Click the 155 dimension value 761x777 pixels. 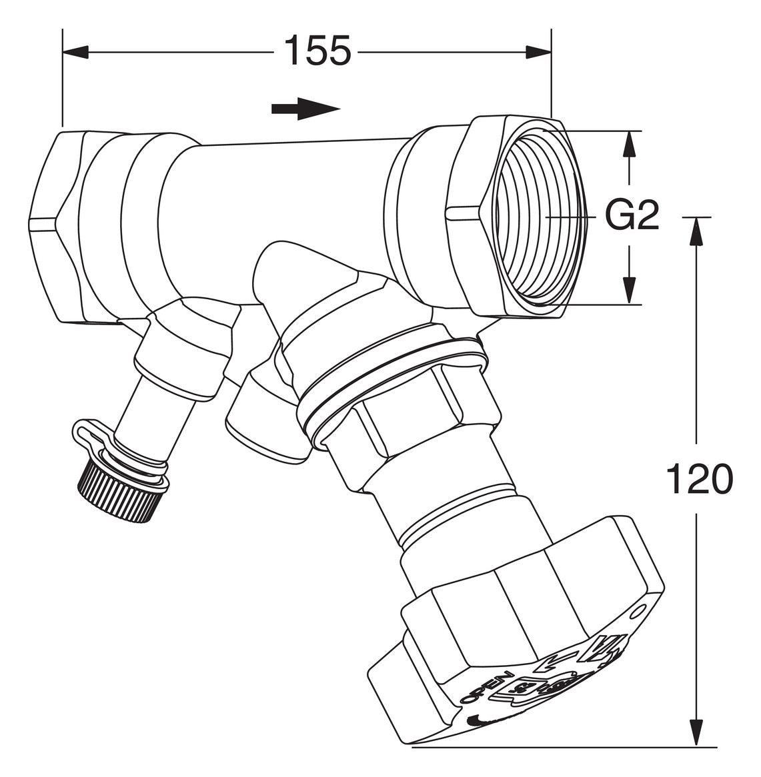click(317, 51)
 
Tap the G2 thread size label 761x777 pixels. click(632, 216)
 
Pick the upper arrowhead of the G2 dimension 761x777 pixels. click(627, 143)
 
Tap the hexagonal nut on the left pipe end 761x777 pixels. click(57, 227)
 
